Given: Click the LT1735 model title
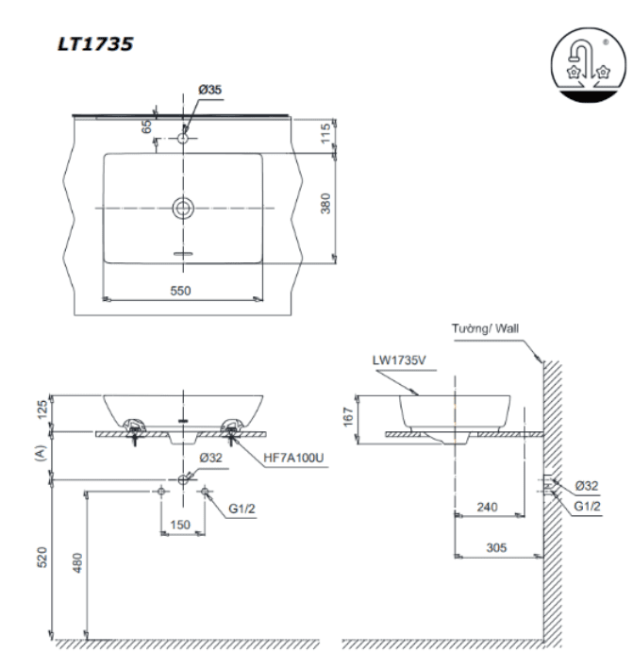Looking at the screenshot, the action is click(x=95, y=44).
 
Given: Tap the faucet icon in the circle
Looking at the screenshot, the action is click(x=589, y=65).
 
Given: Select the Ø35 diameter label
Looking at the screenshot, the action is click(x=209, y=90).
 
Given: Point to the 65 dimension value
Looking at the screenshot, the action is click(x=146, y=126).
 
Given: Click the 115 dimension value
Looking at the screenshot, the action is click(x=325, y=133).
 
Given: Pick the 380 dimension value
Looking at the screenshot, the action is click(x=325, y=204).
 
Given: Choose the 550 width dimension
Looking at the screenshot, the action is click(x=180, y=291).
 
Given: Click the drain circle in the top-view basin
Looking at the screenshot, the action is click(x=183, y=209).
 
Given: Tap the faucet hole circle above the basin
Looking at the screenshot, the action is click(x=183, y=139).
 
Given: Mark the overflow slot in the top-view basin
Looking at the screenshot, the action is click(x=183, y=254).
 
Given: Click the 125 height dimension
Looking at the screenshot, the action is click(x=42, y=410).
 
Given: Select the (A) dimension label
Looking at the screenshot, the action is click(x=40, y=453).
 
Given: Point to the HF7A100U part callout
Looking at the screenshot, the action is click(x=293, y=458).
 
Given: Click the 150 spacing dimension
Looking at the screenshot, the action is click(x=180, y=525).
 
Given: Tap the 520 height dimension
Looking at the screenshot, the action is click(x=42, y=557).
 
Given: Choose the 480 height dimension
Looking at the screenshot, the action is click(x=77, y=562).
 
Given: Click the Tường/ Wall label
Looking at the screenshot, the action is click(x=485, y=328).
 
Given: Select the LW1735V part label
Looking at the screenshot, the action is click(x=399, y=360).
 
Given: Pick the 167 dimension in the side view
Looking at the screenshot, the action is click(x=348, y=417).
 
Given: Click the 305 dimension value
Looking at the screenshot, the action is click(x=496, y=547).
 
